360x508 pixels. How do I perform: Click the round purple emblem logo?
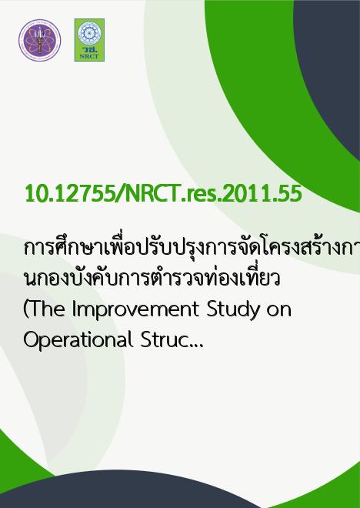(39, 40)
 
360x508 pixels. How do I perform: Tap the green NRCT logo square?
(89, 40)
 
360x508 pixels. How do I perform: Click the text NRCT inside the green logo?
(89, 56)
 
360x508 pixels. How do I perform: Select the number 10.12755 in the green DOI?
(70, 194)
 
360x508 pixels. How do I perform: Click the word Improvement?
(135, 310)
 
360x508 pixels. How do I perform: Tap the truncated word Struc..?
(172, 340)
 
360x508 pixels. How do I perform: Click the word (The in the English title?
(44, 310)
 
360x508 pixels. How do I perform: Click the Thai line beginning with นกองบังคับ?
(152, 279)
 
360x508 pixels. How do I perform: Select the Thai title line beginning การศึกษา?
(192, 249)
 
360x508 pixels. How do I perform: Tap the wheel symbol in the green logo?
(89, 33)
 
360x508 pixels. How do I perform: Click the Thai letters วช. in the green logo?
(90, 49)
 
